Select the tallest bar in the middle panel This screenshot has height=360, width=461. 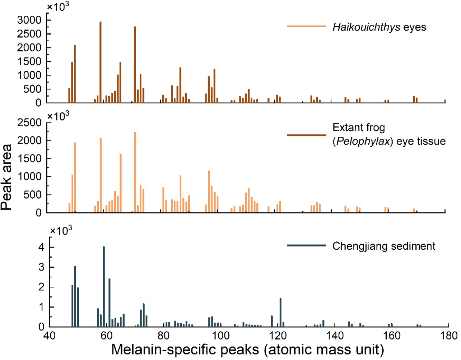click(135, 172)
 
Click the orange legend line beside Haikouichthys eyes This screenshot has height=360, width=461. click(306, 26)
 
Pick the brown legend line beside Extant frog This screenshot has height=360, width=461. click(306, 135)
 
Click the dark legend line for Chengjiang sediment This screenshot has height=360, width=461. click(306, 246)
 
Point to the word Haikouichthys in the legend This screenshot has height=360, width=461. click(366, 27)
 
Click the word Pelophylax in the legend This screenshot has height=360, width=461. click(363, 141)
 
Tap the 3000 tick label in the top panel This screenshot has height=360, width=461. click(29, 20)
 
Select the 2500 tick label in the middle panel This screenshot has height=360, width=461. click(29, 123)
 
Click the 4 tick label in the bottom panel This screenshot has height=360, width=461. click(42, 248)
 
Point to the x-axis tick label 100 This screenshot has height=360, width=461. click(220, 336)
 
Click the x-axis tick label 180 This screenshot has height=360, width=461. click(448, 336)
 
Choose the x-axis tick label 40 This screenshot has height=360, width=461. click(50, 336)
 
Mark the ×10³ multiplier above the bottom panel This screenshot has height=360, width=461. click(61, 230)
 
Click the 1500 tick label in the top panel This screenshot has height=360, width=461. click(29, 61)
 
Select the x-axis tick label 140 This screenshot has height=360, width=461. click(334, 336)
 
